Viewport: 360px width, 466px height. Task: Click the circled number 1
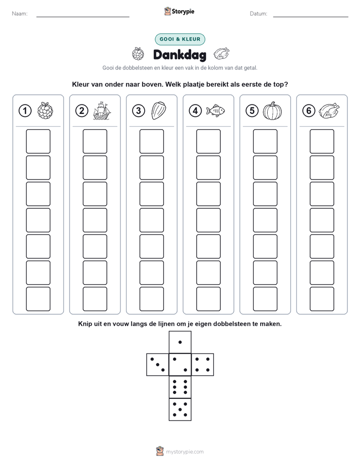[25, 111]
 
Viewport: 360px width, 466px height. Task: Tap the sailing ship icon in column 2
[102, 110]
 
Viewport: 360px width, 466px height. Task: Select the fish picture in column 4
[215, 110]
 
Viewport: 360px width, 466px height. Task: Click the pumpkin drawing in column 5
[272, 111]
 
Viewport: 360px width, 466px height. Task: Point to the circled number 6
[309, 111]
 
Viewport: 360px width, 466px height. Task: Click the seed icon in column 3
[159, 110]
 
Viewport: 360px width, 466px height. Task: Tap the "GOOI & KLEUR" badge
[180, 39]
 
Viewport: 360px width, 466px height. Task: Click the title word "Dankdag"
[179, 55]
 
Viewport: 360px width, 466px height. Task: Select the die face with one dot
[180, 342]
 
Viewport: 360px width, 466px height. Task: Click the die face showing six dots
[180, 387]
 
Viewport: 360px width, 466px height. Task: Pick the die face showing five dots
[180, 410]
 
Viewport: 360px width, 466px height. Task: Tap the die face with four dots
[203, 365]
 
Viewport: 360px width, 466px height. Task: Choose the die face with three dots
[158, 365]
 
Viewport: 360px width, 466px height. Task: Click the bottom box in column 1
[38, 299]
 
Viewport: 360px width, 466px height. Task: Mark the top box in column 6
[322, 141]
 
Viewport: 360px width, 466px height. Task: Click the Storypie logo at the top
[179, 11]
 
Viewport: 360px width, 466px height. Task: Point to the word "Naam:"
[20, 14]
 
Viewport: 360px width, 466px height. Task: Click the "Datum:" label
[259, 14]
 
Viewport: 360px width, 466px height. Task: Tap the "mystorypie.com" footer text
[185, 452]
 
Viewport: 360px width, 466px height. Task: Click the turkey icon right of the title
[221, 54]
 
